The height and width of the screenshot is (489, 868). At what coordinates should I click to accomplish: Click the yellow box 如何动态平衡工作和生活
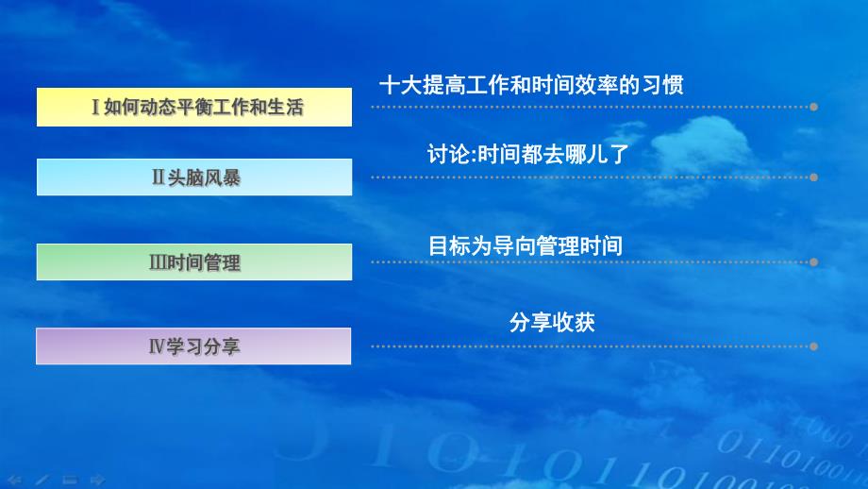[194, 107]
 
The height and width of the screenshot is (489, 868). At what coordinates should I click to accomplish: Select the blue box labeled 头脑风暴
[194, 177]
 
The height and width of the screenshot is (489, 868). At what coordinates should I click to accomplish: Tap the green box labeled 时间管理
[194, 261]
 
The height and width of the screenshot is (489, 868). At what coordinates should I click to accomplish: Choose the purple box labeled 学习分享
[194, 346]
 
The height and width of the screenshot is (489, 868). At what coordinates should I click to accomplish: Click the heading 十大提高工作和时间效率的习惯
[530, 85]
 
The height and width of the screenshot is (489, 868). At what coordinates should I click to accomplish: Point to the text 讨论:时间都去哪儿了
[527, 154]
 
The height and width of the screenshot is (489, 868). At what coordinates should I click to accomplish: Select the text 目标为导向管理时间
[526, 246]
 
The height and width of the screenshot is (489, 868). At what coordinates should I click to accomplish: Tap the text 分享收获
[552, 322]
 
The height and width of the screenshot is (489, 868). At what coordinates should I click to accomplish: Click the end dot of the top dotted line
[813, 107]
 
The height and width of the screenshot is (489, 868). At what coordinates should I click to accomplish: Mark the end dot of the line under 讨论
[813, 177]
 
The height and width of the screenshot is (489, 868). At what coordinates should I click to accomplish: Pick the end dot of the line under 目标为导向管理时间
[813, 261]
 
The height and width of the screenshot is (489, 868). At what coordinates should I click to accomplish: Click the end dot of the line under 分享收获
[813, 346]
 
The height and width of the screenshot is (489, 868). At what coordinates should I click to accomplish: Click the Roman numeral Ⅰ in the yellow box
[96, 108]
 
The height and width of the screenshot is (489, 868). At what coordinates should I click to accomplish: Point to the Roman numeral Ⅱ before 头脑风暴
[159, 177]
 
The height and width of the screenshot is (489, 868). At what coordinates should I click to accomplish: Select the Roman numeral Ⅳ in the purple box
[157, 346]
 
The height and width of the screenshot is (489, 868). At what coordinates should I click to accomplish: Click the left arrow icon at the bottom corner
[14, 480]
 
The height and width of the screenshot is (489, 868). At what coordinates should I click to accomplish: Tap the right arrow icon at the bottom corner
[96, 480]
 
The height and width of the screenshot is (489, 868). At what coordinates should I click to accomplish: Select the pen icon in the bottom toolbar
[42, 480]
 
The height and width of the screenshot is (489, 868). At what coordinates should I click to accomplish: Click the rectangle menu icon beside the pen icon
[69, 480]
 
